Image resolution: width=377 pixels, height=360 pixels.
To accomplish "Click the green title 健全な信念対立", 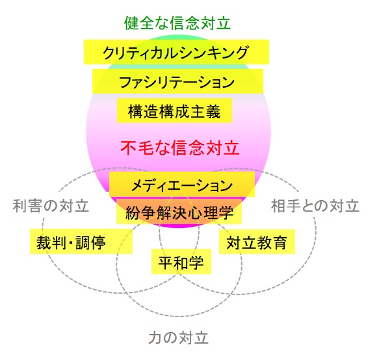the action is tap(177, 23).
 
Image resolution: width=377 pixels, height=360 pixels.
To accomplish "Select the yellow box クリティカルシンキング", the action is tap(176, 52).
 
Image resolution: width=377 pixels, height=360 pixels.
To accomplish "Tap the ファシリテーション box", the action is tap(177, 81).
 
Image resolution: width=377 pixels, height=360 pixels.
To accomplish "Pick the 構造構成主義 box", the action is tap(174, 110).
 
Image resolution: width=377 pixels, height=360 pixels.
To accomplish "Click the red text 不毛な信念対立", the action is tap(180, 148).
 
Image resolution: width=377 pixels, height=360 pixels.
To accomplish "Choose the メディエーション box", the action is tap(182, 185).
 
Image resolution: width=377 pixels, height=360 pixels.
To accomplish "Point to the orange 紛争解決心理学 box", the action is tap(179, 211).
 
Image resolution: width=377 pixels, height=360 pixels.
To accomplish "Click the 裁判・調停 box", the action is tap(81, 241).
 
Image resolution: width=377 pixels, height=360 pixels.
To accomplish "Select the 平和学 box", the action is tap(181, 261).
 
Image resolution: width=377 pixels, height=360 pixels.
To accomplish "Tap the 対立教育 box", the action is tap(257, 242).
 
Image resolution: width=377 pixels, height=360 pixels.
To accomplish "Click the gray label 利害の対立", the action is tap(51, 206).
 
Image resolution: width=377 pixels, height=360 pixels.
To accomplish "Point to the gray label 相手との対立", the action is tap(315, 206).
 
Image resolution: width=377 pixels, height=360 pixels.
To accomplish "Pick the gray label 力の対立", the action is tap(178, 338).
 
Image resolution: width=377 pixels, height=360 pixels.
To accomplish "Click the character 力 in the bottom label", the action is tap(156, 338).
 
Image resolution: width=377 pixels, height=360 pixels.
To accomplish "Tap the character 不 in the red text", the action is tap(128, 148).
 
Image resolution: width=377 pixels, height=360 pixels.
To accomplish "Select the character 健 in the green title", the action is tap(131, 23).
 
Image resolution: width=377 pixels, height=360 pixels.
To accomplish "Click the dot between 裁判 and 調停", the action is tap(71, 242).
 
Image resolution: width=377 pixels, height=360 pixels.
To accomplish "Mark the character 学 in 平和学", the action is tap(196, 262).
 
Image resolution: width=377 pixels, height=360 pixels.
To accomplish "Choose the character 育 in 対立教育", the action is tap(280, 242).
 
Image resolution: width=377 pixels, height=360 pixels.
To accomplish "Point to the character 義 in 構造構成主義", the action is tap(213, 111).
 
